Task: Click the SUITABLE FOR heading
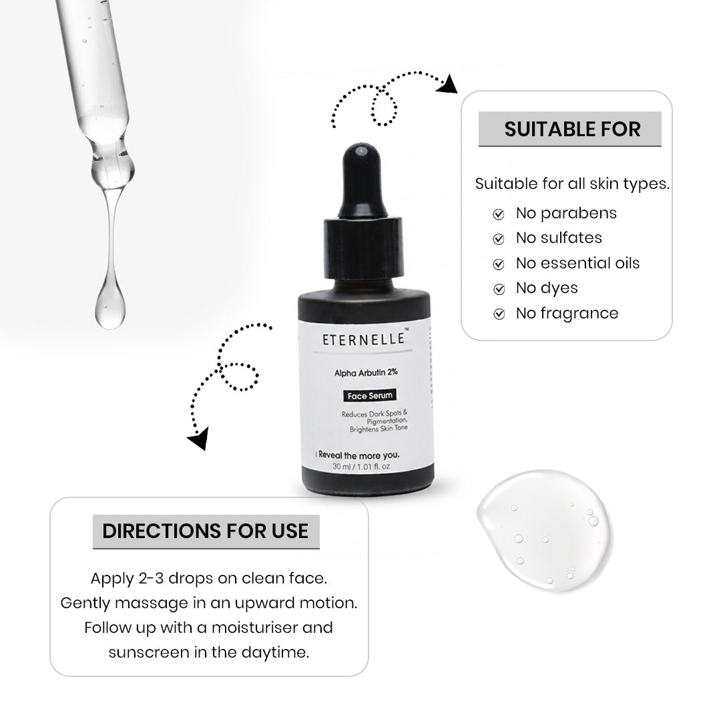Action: [x=571, y=129]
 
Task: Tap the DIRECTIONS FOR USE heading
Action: [x=205, y=531]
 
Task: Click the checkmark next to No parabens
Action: [x=499, y=214]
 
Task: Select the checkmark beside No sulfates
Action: [x=499, y=239]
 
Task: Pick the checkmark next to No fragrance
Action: [x=499, y=314]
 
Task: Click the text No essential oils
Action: [x=577, y=263]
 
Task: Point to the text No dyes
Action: [x=547, y=288]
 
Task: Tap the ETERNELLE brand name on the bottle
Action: [x=364, y=339]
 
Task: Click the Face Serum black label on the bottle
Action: [x=369, y=395]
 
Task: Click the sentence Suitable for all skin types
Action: [x=572, y=184]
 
